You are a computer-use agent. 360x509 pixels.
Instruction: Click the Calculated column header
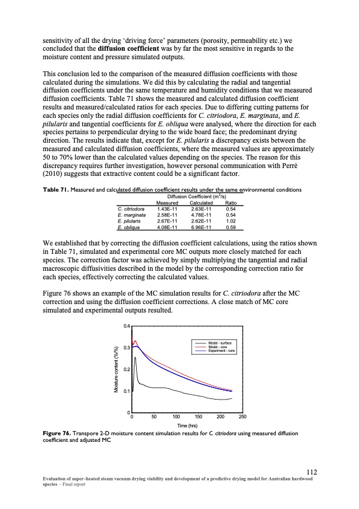[197, 203]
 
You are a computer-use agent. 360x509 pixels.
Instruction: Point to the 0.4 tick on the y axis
[125, 326]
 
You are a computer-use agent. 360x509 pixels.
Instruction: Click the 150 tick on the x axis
[198, 417]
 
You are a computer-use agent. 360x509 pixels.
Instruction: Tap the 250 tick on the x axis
[243, 417]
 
